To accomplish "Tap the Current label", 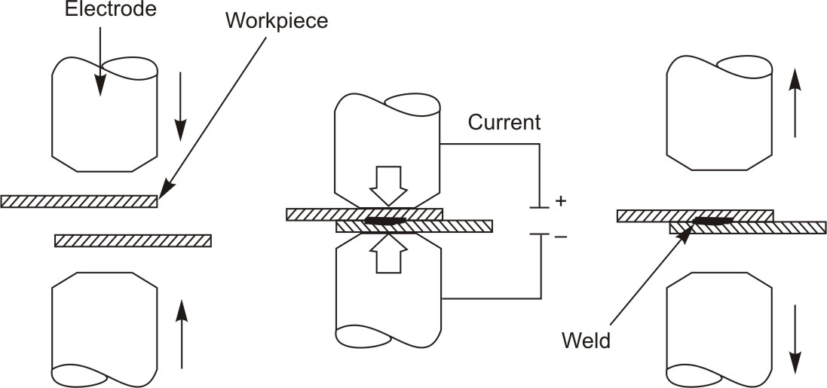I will coord(504,122).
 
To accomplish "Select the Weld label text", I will coord(586,341).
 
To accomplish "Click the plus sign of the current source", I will coord(560,202).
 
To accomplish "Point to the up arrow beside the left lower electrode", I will coord(181,332).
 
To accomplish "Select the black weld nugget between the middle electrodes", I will coord(385,221).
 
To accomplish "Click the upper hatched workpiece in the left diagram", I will coord(79,201).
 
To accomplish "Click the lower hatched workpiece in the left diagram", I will coord(133,240).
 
